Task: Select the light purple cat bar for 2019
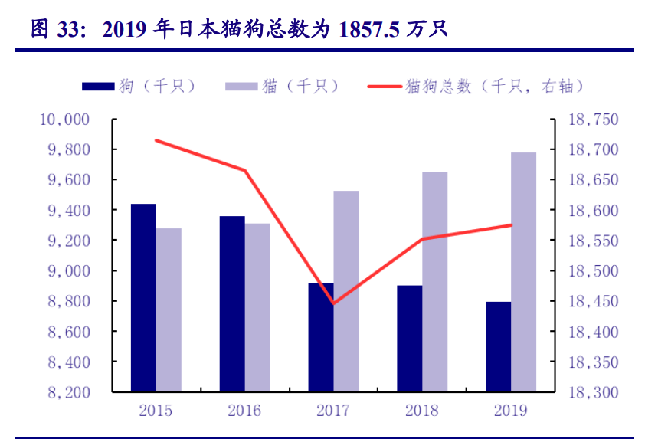coord(524,272)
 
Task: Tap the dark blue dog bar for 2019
coord(499,346)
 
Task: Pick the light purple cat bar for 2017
coord(346,291)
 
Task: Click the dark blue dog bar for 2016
coord(232,303)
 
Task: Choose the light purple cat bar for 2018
coord(435,281)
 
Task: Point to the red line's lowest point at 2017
coord(333,303)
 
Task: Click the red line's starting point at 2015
coord(156,140)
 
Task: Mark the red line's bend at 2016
coord(245,170)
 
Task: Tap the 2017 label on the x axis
coord(333,411)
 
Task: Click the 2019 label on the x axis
coord(511,411)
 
